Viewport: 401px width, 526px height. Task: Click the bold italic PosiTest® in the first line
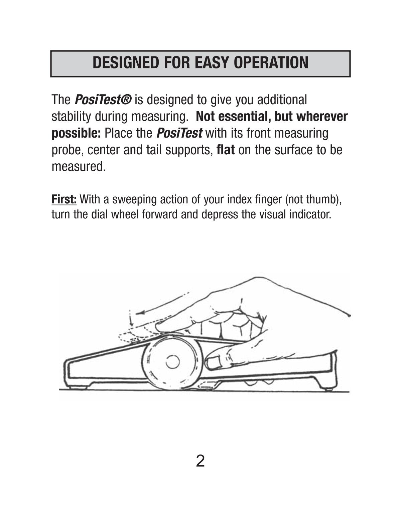103,100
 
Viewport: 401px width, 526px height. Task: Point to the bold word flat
226,150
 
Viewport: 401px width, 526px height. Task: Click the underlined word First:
64,199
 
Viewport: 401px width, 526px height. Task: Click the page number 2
200,461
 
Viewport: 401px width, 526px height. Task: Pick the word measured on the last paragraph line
78,166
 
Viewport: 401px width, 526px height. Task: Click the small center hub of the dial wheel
172,362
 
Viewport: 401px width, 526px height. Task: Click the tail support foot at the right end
328,388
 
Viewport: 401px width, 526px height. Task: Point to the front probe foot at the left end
78,387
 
